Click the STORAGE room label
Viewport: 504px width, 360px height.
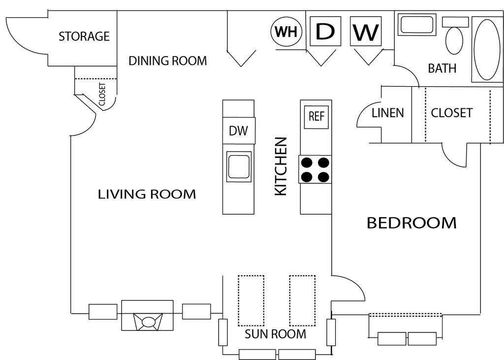point(84,36)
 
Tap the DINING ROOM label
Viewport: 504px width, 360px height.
point(167,61)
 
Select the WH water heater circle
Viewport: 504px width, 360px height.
point(286,32)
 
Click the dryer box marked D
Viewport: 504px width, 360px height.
point(325,31)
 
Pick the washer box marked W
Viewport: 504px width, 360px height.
point(366,31)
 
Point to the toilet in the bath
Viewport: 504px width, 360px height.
point(454,40)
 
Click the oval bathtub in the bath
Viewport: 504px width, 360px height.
point(487,50)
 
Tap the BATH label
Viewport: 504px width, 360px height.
point(442,68)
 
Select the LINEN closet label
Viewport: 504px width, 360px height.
point(388,113)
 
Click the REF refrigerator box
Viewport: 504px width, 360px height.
point(316,117)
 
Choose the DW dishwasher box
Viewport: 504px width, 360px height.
point(239,131)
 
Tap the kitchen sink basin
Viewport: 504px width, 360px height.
point(239,166)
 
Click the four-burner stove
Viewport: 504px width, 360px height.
point(315,169)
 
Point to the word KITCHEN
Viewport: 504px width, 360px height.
point(281,166)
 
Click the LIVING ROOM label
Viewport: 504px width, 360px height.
point(147,195)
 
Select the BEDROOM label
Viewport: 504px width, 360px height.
point(412,223)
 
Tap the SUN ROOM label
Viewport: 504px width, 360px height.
point(276,334)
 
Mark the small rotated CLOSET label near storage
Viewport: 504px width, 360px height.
point(102,94)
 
